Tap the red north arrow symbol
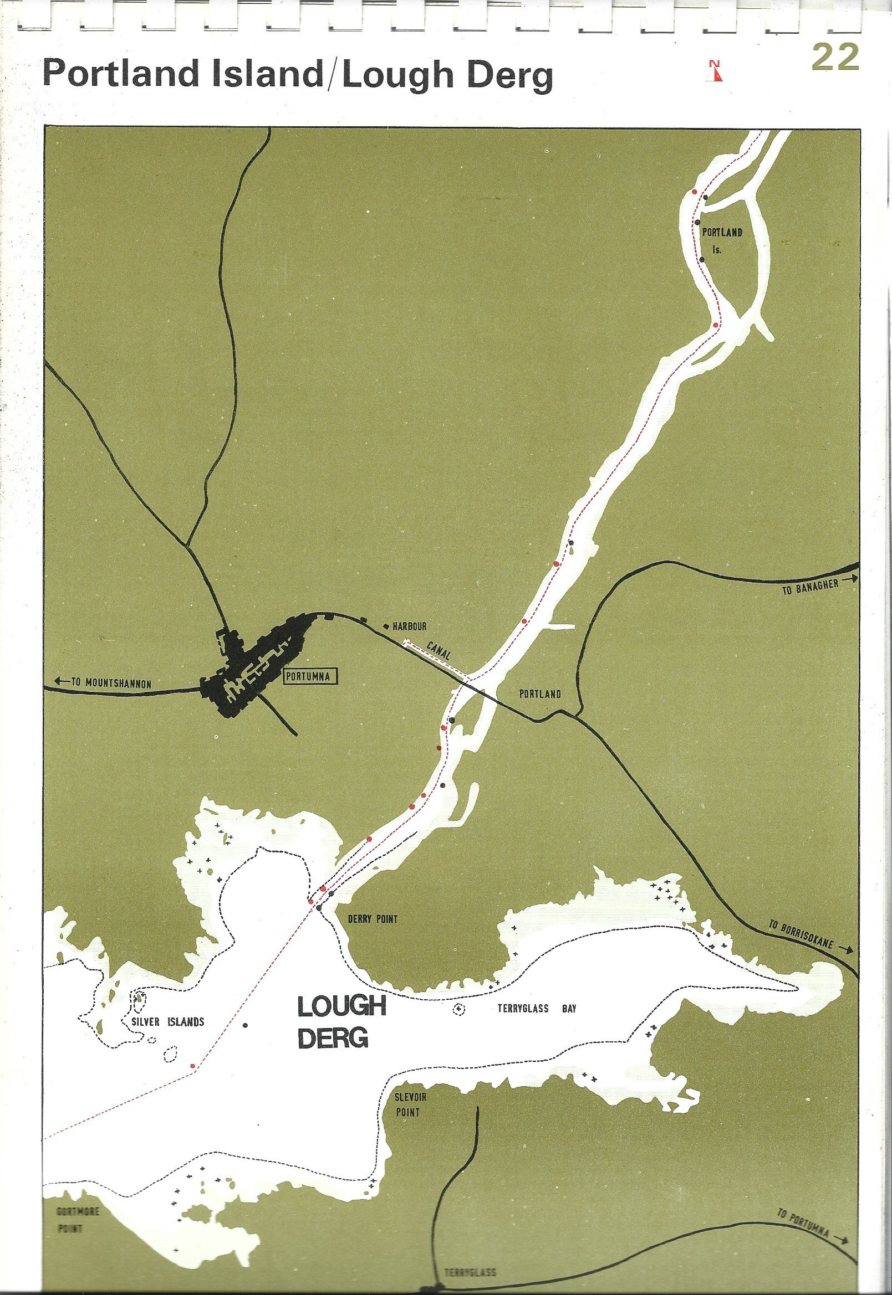pos(714,70)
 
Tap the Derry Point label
pos(372,919)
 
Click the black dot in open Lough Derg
pos(245,1025)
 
